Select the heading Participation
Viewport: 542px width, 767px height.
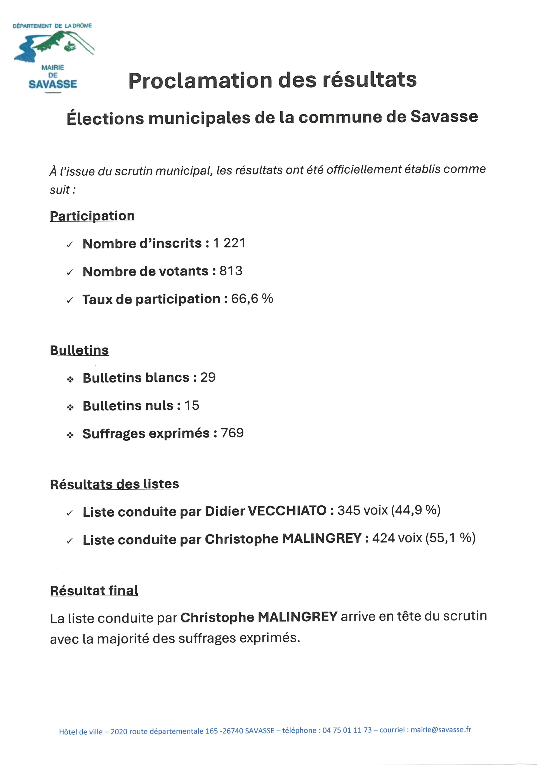pyautogui.click(x=92, y=216)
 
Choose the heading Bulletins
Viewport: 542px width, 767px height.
pyautogui.click(x=79, y=350)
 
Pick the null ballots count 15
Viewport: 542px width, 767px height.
pyautogui.click(x=192, y=405)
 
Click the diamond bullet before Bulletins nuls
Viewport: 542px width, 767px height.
pyautogui.click(x=70, y=407)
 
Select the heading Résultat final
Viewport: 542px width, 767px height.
pyautogui.click(x=94, y=591)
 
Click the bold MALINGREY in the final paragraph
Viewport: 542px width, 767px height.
pyautogui.click(x=297, y=617)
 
